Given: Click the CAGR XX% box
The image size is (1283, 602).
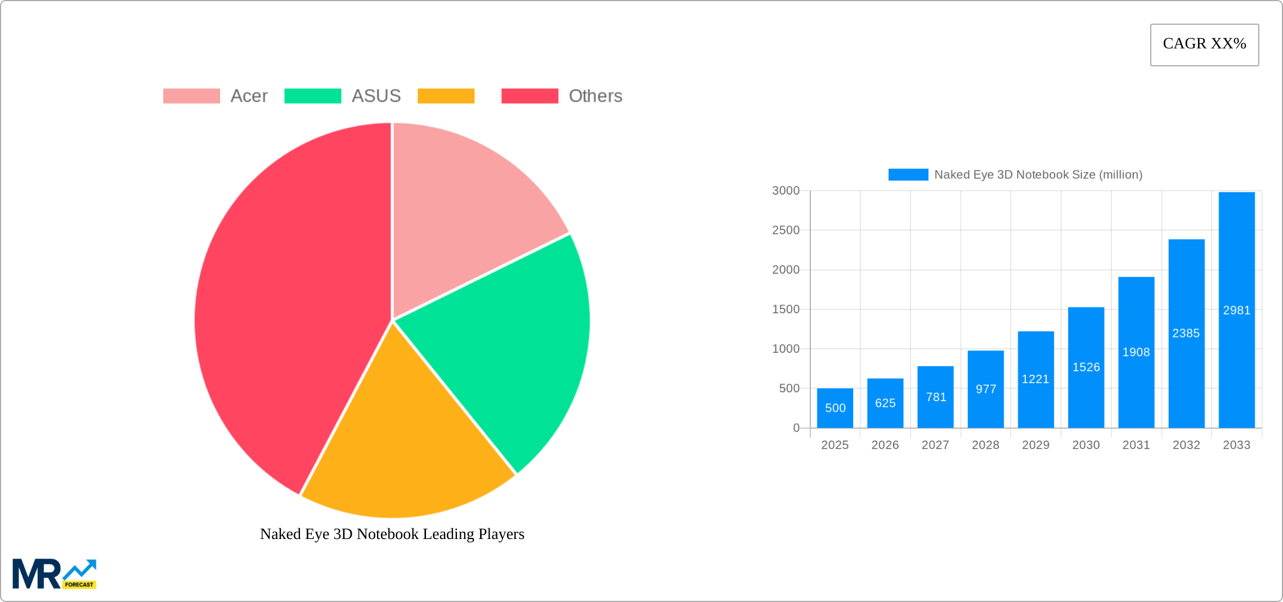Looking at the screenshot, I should pos(1204,44).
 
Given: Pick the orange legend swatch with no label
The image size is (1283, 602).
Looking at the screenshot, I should pos(446,96).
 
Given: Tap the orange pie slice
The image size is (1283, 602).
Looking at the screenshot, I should pos(405,450).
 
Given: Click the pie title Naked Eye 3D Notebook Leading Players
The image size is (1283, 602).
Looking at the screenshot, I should pos(392,534).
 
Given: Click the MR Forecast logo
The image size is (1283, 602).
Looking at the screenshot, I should pos(54,574).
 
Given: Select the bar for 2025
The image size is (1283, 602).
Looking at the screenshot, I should pos(835,408).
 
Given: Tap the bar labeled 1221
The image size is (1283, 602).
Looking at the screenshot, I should pos(1035,379).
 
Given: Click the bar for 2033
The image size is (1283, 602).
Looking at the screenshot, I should pos(1236,309).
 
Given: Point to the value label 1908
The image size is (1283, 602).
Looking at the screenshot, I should pos(1136,352).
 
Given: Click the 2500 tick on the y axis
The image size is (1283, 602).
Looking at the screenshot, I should pos(786,230).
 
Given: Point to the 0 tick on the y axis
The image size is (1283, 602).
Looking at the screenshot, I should pos(796,428).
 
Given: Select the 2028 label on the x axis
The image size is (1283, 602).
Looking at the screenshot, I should pos(985,445).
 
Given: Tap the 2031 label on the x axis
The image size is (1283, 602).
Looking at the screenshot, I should pos(1136,445).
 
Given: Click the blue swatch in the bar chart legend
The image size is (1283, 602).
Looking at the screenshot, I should pos(908,175).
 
